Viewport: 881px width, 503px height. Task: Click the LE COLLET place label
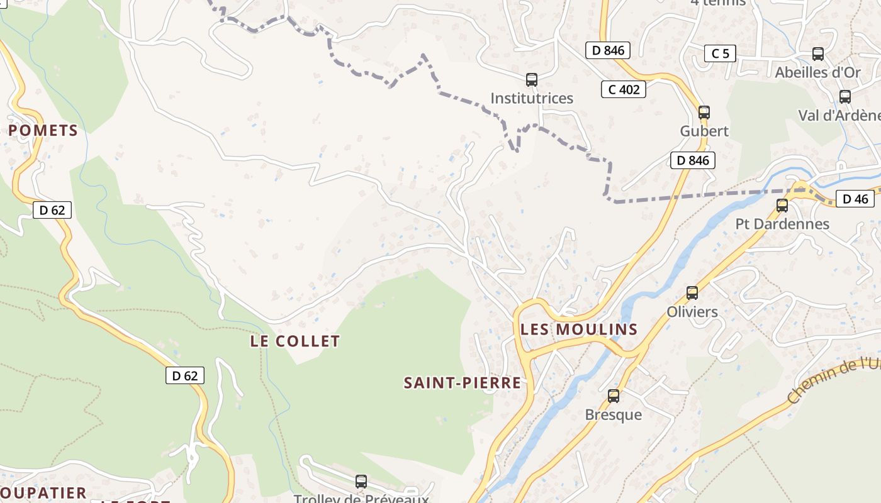[x=295, y=341]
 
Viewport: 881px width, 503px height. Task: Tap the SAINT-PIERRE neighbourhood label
[x=463, y=383]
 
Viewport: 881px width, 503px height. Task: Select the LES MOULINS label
[x=579, y=329]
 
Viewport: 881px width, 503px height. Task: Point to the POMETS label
[x=43, y=131]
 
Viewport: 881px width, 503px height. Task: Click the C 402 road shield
[x=624, y=89]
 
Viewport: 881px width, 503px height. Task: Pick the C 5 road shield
[x=720, y=53]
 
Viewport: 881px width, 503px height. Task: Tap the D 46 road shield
[x=855, y=199]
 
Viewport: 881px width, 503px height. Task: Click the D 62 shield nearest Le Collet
[x=185, y=375]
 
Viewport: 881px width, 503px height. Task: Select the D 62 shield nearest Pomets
[x=52, y=210]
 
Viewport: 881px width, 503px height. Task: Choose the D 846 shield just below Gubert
[x=693, y=160]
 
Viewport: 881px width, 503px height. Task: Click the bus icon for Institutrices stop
[x=532, y=80]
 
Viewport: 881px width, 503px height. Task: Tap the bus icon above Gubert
[x=704, y=113]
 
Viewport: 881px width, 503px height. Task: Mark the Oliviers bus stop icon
[x=692, y=292]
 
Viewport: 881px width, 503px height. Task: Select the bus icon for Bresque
[x=614, y=396]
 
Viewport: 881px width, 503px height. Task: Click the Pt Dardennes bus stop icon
[x=782, y=205]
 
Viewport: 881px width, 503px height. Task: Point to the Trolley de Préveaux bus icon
[x=361, y=482]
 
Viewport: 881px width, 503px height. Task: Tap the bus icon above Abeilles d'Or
[x=818, y=54]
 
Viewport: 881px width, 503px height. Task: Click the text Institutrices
[x=532, y=98]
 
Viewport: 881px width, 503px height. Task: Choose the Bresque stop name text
[x=614, y=415]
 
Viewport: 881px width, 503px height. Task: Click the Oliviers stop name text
[x=692, y=312]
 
